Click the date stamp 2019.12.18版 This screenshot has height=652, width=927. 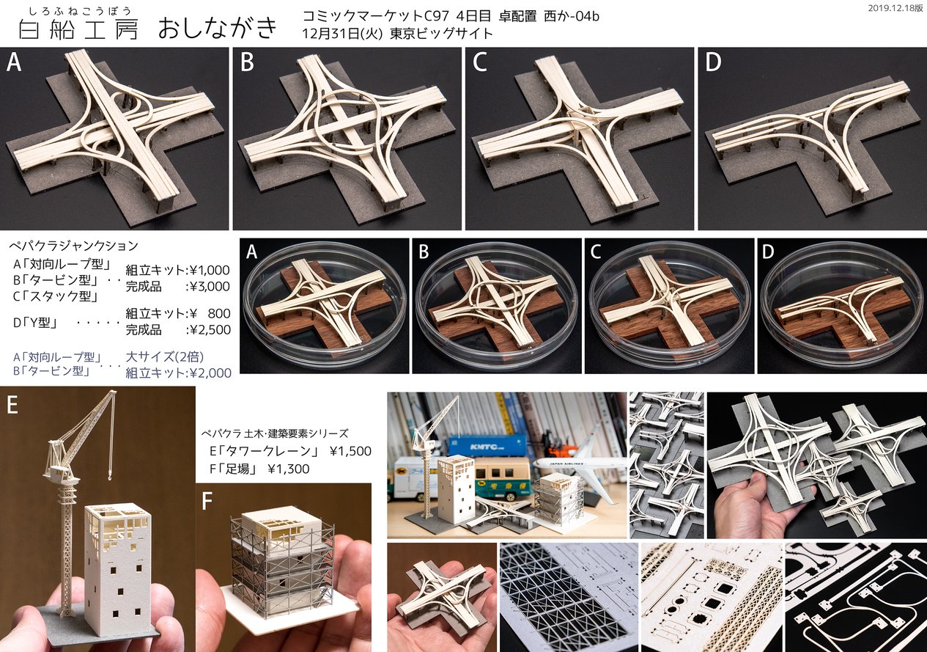coord(895,8)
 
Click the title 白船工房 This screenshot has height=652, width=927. coord(78,30)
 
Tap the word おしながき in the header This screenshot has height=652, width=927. coord(217,28)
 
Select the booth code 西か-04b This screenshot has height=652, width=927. coord(572,15)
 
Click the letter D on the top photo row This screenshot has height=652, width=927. coord(713,62)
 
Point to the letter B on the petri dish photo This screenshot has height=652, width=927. coord(424,252)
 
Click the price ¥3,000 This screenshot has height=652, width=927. coord(207,287)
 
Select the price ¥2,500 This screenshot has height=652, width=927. coord(207,330)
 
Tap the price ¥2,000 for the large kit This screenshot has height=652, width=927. coord(210,373)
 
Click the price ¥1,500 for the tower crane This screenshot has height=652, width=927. coord(350,451)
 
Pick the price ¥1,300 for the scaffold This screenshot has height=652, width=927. coord(289,469)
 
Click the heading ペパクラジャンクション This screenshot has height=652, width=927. coord(74,246)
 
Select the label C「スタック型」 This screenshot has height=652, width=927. coord(56,296)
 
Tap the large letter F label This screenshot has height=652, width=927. coord(207,501)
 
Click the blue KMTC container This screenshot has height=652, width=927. coord(487,449)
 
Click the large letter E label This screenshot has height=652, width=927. coord(12,405)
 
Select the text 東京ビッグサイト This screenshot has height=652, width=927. coord(441,33)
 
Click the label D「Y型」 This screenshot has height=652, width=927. coord(35,322)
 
